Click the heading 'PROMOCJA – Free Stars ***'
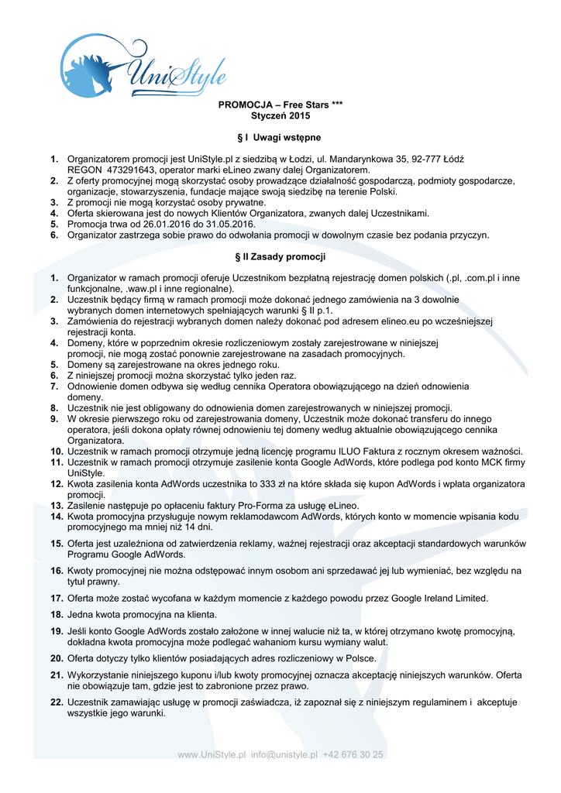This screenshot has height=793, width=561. pyautogui.click(x=280, y=105)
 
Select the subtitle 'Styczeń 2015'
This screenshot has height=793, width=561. pyautogui.click(x=280, y=116)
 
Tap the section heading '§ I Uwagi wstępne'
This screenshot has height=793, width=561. pyautogui.click(x=280, y=137)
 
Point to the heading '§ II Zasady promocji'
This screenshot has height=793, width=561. pyautogui.click(x=280, y=256)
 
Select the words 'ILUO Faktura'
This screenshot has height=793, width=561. pyautogui.click(x=368, y=451)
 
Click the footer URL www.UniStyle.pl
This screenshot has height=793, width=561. pyautogui.click(x=211, y=754)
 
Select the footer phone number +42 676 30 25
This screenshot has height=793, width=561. pyautogui.click(x=353, y=754)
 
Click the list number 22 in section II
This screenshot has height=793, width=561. pyautogui.click(x=56, y=702)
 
